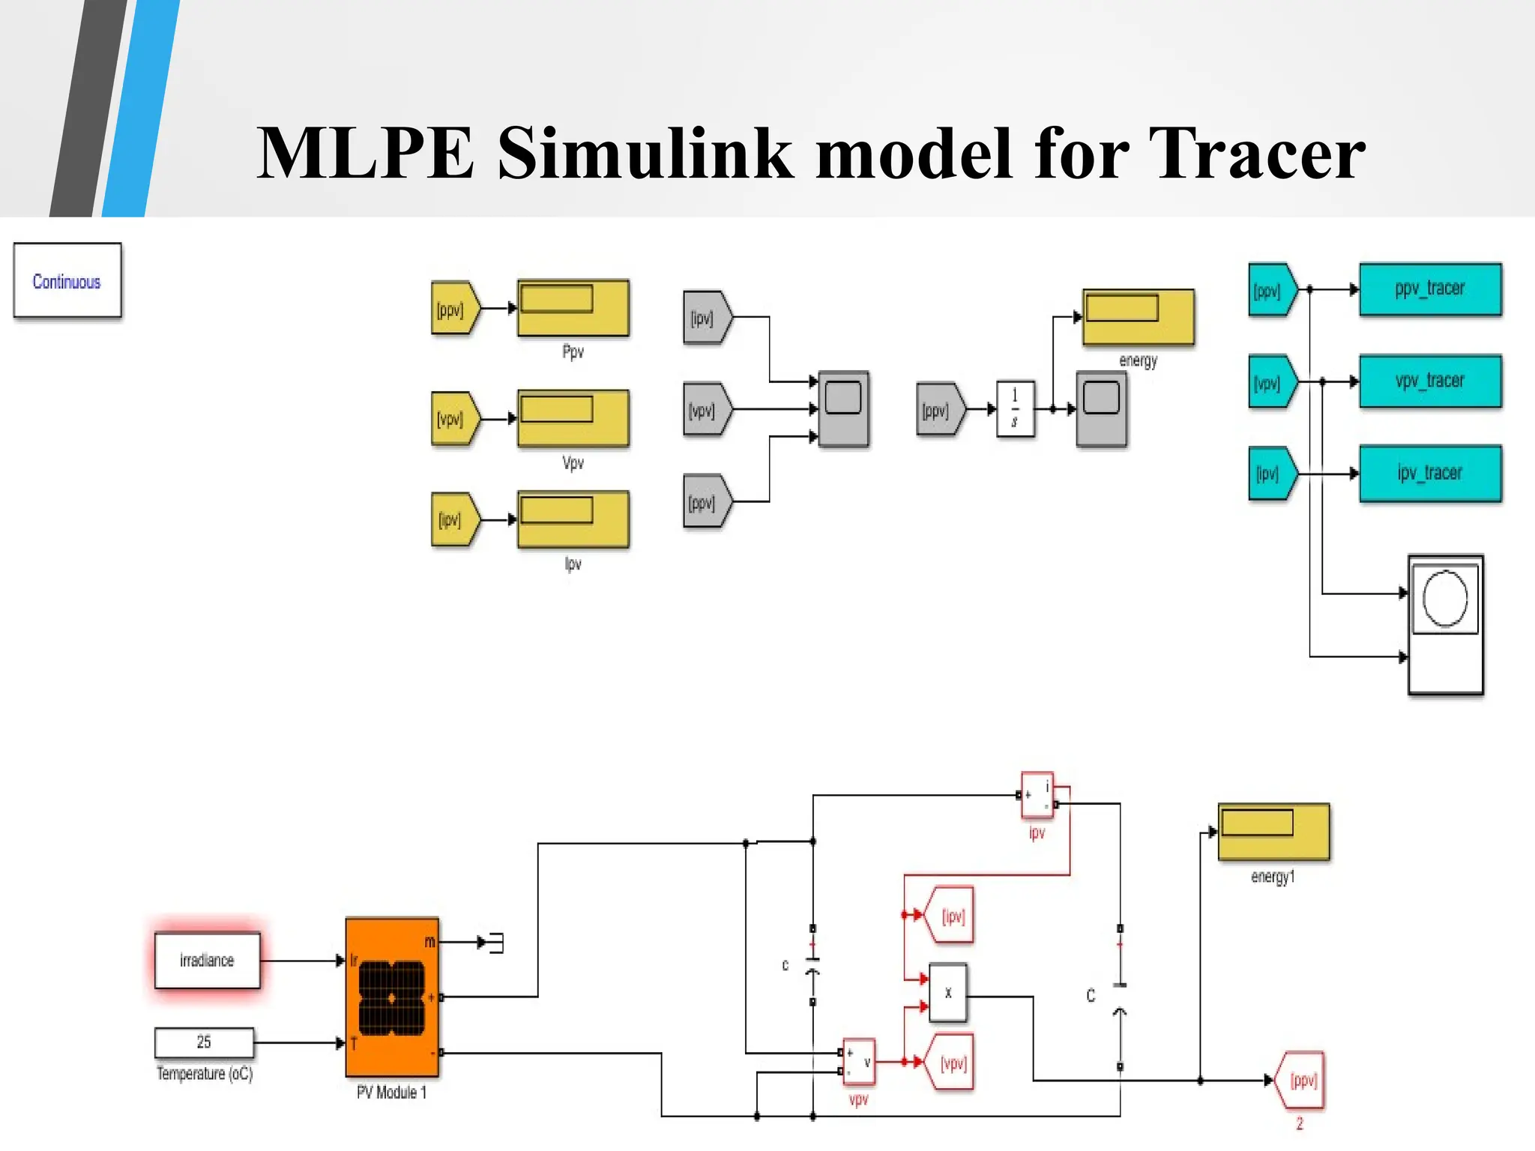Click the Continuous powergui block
tap(67, 281)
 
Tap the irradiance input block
tap(207, 961)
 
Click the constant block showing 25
tap(204, 1042)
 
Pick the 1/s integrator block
tap(1015, 409)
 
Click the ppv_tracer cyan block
tap(1429, 289)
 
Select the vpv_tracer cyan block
tap(1429, 381)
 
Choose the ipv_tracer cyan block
tap(1429, 474)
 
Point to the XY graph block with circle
tap(1445, 624)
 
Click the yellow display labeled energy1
tap(1273, 832)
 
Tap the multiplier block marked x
tap(947, 993)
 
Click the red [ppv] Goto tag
tap(1301, 1081)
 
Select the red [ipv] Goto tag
tap(950, 916)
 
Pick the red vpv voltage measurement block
tap(859, 1062)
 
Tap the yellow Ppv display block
tap(573, 308)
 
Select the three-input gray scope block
tap(843, 409)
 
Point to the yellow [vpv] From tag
tap(453, 419)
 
